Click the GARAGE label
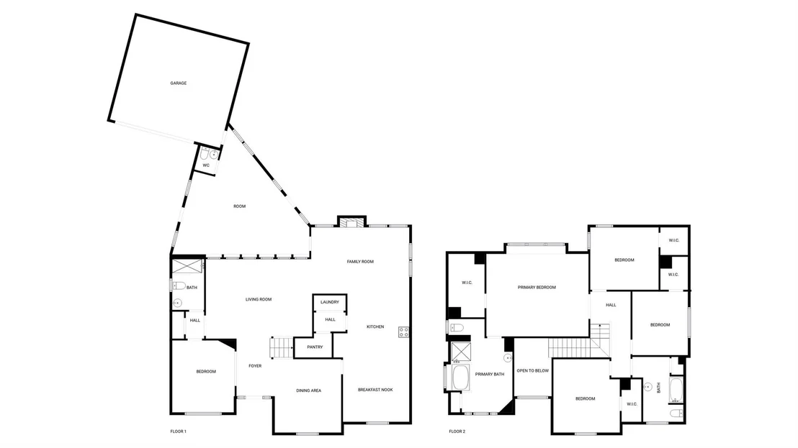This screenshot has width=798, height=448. (178, 83)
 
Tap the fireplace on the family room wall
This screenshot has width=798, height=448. (351, 222)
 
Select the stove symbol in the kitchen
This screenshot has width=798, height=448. (403, 332)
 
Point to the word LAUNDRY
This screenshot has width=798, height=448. (330, 302)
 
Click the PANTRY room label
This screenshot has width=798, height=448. (315, 347)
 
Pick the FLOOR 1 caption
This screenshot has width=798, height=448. (178, 431)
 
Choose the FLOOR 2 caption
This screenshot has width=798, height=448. (457, 431)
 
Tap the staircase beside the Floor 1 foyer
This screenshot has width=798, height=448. (282, 348)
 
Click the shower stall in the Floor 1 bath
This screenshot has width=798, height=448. (187, 266)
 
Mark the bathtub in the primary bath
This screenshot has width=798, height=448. (460, 378)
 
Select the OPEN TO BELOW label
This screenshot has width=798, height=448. (533, 371)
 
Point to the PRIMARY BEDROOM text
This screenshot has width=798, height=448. (537, 288)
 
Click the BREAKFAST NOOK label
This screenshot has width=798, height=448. (375, 390)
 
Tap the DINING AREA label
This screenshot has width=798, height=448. (308, 391)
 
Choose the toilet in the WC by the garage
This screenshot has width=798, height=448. (204, 154)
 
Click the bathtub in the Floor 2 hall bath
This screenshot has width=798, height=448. (676, 390)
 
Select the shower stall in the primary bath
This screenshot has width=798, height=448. (461, 352)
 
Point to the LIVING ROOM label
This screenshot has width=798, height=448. (259, 300)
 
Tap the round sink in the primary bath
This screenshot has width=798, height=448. (508, 358)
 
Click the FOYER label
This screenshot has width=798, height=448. (255, 366)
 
